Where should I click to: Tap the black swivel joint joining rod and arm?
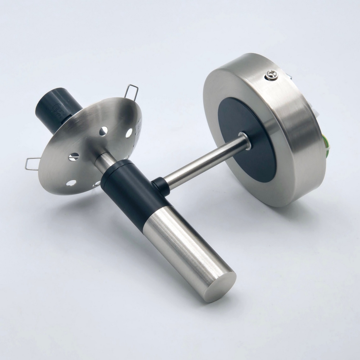tap(161, 186)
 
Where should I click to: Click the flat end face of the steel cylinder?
tap(221, 286)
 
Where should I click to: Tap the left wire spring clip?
tap(32, 163)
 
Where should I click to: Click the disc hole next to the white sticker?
tap(129, 133)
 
